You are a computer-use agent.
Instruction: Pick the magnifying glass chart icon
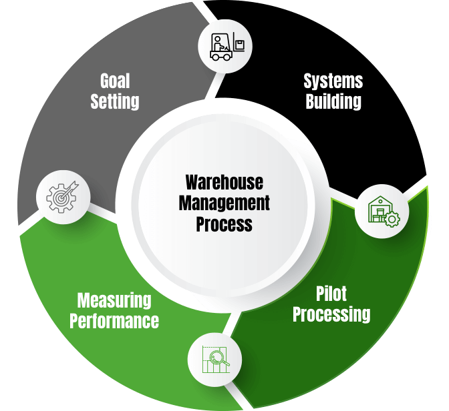click(214, 360)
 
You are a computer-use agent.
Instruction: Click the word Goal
click(115, 81)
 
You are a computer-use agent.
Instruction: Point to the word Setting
click(115, 101)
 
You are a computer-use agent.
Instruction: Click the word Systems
click(333, 81)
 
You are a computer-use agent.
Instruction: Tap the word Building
click(333, 101)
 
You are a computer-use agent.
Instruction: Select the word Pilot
click(331, 293)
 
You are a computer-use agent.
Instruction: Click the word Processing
click(331, 313)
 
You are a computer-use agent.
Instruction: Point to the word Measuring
click(114, 300)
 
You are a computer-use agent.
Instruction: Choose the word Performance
click(114, 320)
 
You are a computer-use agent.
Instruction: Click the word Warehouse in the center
click(224, 181)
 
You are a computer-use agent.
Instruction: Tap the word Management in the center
click(224, 202)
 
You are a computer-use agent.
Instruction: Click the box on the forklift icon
click(239, 45)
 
